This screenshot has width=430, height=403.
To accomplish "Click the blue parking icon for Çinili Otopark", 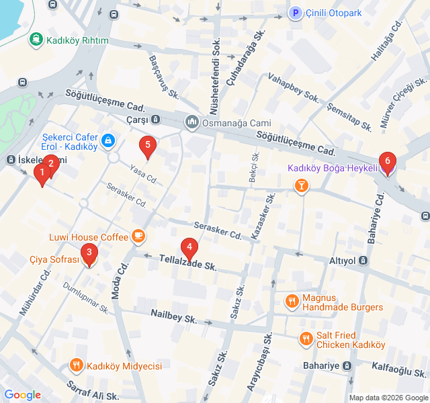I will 295,13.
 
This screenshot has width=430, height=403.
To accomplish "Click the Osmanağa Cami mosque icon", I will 191,122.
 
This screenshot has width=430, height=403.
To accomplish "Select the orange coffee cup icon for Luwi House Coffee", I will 138,236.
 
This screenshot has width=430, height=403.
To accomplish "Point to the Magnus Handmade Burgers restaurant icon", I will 292,302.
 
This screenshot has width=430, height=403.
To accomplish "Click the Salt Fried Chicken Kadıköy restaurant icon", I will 306,339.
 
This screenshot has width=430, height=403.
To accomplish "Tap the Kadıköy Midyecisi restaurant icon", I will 77,365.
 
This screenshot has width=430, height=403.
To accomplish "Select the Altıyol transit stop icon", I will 363,261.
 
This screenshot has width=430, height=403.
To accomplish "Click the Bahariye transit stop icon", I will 347,365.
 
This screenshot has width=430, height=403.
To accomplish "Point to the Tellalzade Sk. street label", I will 187,263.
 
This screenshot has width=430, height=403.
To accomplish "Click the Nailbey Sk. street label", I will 173,316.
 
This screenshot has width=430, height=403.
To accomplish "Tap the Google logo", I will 22,395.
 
